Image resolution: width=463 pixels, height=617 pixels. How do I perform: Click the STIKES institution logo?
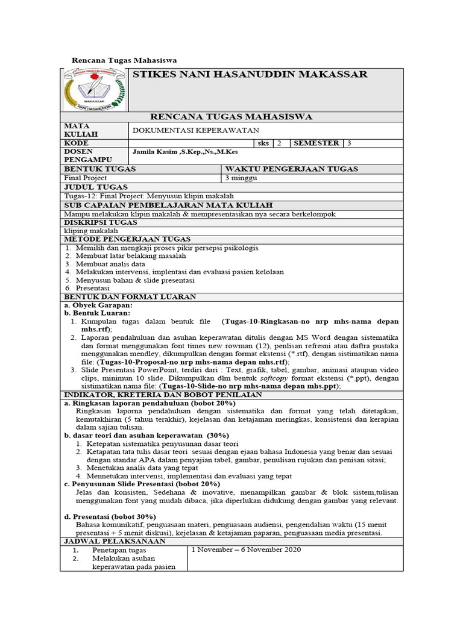point(95,89)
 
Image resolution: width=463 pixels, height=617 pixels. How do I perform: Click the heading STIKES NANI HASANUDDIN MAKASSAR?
point(249,74)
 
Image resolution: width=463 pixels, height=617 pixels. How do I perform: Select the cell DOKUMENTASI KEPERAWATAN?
point(195,130)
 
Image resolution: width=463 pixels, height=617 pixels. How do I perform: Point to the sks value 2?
point(279,143)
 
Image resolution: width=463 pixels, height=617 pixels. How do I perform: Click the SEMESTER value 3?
point(348,143)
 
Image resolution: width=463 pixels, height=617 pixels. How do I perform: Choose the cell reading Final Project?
point(86,178)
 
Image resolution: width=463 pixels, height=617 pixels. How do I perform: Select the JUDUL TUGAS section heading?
point(92,187)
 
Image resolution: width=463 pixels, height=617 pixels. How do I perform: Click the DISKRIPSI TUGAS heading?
point(101,222)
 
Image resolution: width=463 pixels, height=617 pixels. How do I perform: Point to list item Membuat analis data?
point(110,264)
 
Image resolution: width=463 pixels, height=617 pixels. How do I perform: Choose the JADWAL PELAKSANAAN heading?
point(109,542)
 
